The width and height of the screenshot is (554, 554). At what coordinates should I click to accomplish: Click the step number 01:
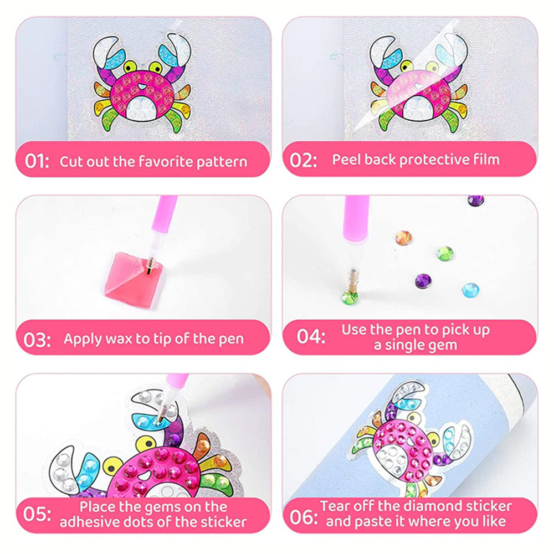[x=37, y=161]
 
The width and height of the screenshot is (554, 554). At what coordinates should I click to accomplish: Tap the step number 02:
[x=303, y=160]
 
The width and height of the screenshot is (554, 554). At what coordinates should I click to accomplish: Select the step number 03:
[x=37, y=340]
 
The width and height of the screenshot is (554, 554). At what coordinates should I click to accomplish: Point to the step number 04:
[x=311, y=336]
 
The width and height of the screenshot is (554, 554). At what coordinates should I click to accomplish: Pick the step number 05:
[x=37, y=514]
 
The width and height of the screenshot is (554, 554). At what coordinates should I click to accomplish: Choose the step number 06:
[x=304, y=517]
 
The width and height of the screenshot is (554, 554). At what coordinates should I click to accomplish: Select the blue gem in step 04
[x=470, y=290]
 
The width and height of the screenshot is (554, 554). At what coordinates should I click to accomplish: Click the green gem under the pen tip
[x=350, y=297]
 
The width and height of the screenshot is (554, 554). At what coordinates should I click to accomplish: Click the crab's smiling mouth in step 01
[x=141, y=86]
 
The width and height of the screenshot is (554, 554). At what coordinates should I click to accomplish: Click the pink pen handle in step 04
[x=356, y=219]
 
